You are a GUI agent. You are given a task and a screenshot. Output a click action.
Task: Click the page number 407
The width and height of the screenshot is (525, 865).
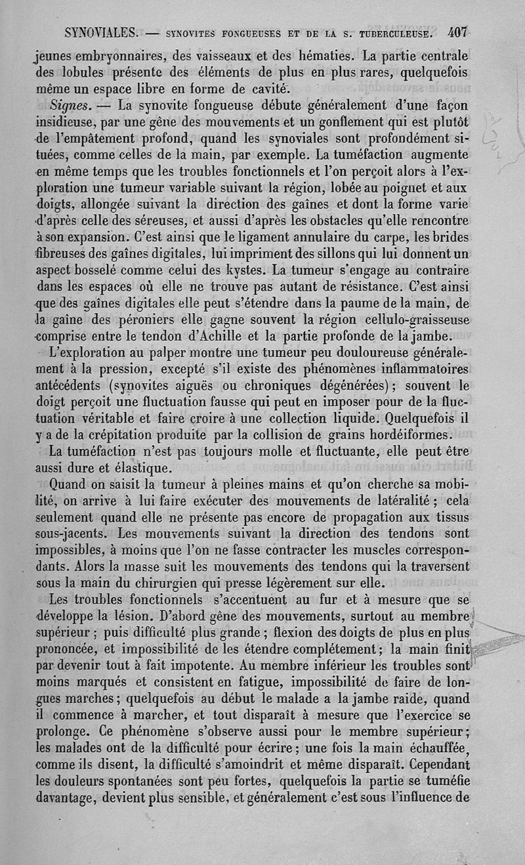453,31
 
